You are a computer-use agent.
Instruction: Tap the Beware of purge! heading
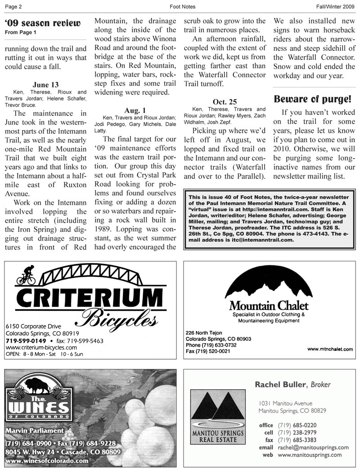[313, 99]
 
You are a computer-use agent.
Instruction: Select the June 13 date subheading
[45, 85]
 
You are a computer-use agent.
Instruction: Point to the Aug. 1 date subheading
[135, 110]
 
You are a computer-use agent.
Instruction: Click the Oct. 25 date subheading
[225, 102]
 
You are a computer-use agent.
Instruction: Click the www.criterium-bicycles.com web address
[41, 348]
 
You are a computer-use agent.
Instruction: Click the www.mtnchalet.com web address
[330, 349]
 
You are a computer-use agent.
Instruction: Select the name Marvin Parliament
[35, 431]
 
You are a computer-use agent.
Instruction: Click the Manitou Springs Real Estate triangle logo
[218, 408]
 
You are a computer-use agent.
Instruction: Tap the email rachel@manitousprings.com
[313, 447]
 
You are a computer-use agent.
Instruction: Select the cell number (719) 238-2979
[297, 432]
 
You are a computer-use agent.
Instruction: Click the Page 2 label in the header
[13, 7]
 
